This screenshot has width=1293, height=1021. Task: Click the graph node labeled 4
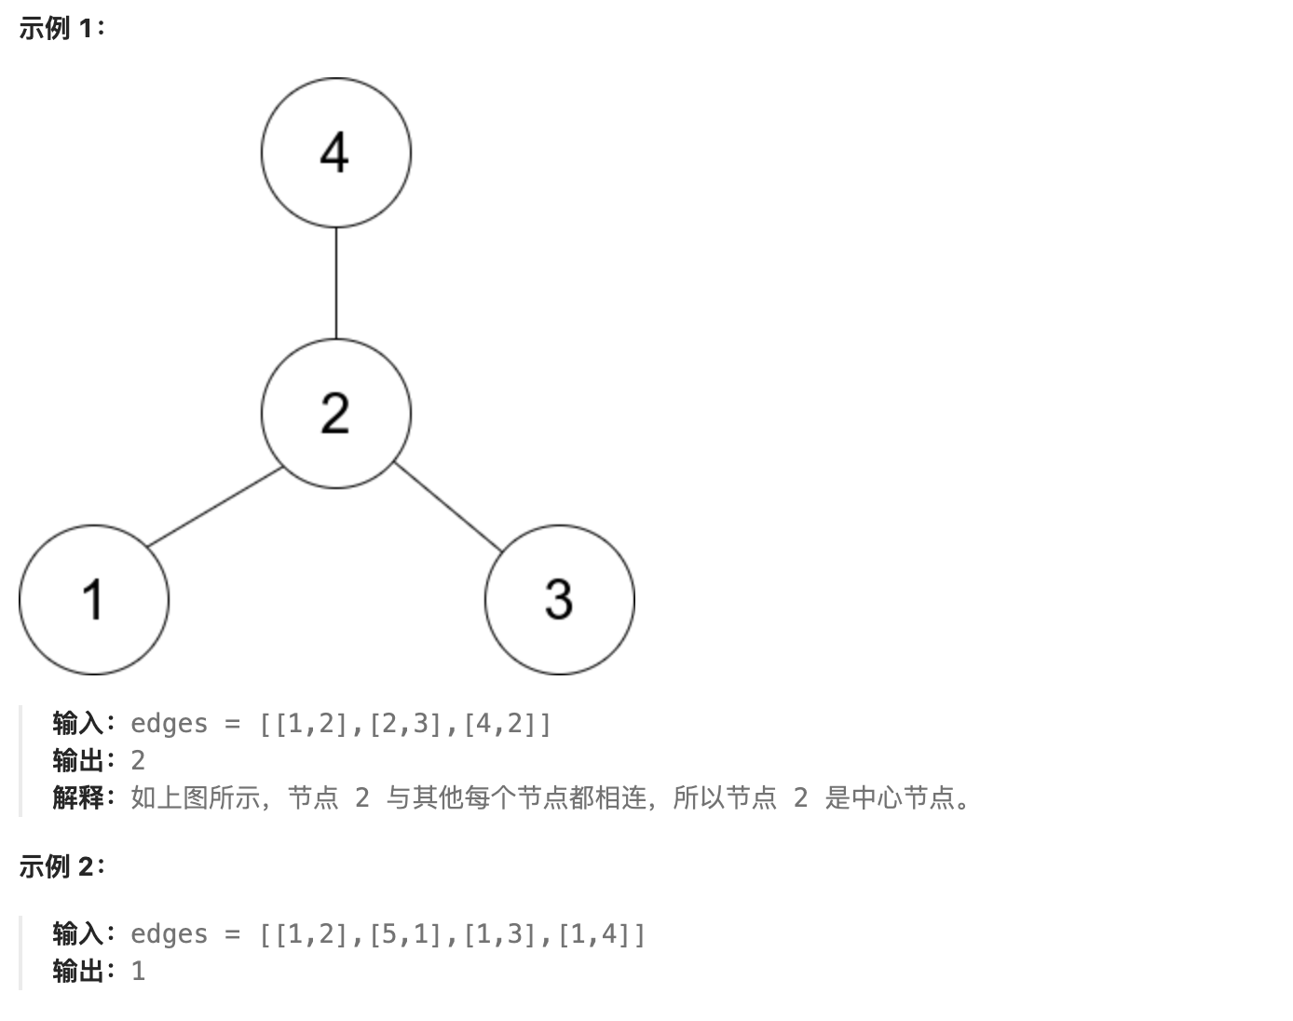[x=335, y=153]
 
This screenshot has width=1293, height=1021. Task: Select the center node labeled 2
[x=335, y=413]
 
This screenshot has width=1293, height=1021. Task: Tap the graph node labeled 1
[x=94, y=599]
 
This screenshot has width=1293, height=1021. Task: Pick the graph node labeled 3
[x=559, y=599]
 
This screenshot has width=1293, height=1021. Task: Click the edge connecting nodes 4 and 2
[x=336, y=283]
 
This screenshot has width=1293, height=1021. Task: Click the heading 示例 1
[x=61, y=29]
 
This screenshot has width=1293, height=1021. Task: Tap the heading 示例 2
[x=61, y=866]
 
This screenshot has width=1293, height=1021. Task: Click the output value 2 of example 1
[x=138, y=760]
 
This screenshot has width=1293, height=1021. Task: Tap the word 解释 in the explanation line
[x=78, y=797]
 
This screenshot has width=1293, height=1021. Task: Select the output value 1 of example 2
[x=138, y=971]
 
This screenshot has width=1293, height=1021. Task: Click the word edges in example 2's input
[x=169, y=933]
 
